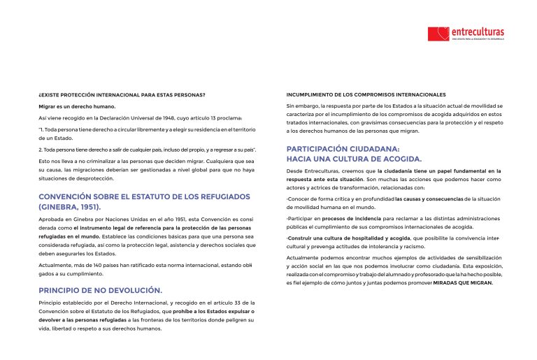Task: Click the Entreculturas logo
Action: [466, 34]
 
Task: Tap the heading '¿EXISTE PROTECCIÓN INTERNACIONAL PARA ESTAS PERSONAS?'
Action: [121, 94]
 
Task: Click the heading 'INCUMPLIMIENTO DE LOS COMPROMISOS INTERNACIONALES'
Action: [366, 94]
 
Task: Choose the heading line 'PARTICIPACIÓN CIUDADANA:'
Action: [343, 148]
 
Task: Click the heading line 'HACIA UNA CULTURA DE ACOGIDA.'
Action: [355, 159]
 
